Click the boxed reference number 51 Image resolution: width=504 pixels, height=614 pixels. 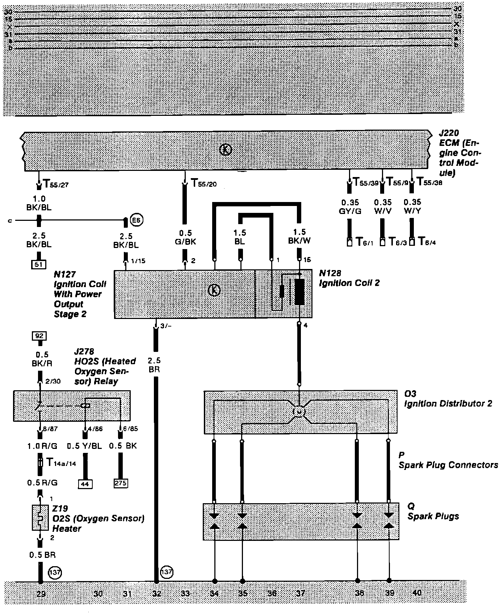point(39,264)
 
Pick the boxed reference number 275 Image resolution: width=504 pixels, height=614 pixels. point(120,483)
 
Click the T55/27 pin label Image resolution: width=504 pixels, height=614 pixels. point(56,184)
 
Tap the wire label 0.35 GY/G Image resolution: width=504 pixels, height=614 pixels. point(350,207)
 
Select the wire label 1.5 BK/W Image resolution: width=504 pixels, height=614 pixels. point(299,236)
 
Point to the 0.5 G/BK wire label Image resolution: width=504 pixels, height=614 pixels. point(185,237)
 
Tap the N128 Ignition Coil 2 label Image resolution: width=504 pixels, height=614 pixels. point(349,278)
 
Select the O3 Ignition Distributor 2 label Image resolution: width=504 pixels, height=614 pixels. point(448,399)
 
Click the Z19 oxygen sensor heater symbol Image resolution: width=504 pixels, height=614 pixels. point(40,518)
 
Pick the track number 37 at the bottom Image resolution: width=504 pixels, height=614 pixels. point(300,593)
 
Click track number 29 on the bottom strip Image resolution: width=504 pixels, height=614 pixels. point(41,593)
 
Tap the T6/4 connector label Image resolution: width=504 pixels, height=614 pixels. point(427,242)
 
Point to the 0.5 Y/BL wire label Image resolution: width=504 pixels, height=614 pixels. point(85,446)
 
